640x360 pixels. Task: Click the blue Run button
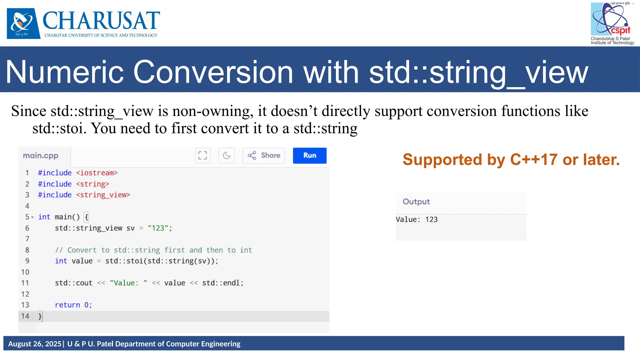(x=309, y=155)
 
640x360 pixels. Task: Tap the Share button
(x=264, y=155)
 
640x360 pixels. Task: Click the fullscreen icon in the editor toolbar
(x=202, y=155)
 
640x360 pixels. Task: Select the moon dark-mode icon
(x=227, y=155)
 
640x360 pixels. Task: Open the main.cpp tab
(x=41, y=156)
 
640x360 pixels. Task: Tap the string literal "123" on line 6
(x=158, y=228)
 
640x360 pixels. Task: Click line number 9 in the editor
(x=27, y=261)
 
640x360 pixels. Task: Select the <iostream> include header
(x=97, y=173)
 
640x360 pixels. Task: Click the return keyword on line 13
(x=67, y=305)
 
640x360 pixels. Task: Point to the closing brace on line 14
(x=40, y=316)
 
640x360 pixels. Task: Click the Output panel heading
(x=416, y=202)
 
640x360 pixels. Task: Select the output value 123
(x=431, y=219)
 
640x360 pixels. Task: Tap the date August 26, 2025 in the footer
(x=35, y=344)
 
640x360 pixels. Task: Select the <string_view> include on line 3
(x=103, y=195)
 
